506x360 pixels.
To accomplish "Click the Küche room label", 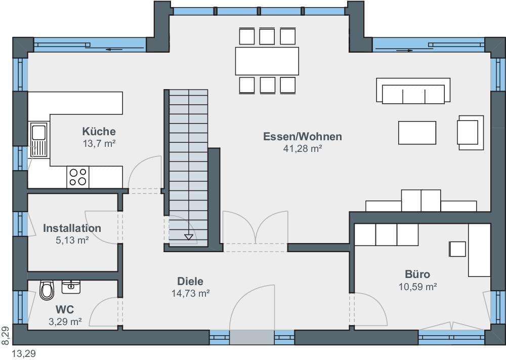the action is [99, 132].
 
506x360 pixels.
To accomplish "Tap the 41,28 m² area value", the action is [303, 148].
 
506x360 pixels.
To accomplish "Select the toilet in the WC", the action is [47, 290].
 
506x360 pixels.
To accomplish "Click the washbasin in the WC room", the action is [71, 287].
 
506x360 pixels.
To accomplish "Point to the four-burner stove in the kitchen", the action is [78, 177].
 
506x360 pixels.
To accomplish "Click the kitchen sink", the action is [38, 139].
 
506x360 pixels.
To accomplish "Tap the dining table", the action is [267, 61].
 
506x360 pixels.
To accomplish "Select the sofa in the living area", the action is [413, 91].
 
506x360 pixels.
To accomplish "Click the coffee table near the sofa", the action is [417, 133].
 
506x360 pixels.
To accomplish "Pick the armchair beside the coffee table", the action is [470, 132].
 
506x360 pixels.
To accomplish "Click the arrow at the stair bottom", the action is [188, 237].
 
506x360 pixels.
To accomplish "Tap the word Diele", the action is [190, 281].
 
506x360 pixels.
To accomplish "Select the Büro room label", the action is [417, 274].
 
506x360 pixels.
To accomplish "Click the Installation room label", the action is [72, 228].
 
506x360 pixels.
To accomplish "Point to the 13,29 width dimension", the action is [24, 353].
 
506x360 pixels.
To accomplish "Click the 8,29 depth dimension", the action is [5, 336].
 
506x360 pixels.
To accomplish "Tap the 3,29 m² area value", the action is [65, 322].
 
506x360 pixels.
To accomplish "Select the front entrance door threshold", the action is [252, 337].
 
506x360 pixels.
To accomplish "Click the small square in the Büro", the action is [457, 249].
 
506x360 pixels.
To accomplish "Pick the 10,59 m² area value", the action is [417, 287].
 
